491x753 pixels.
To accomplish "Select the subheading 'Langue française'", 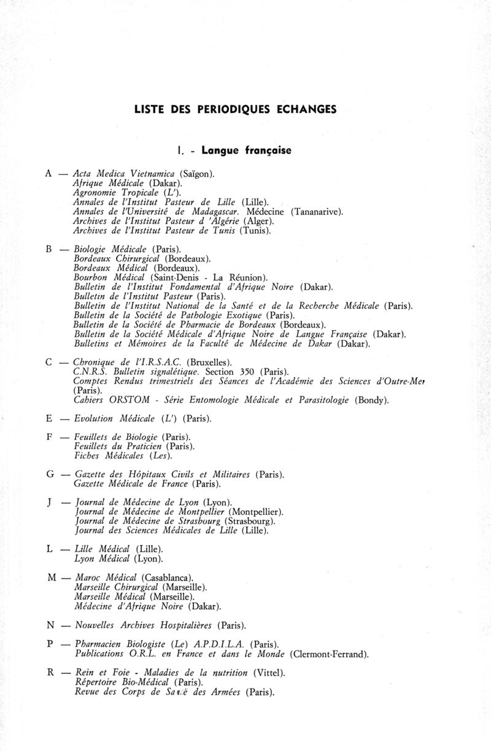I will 245,149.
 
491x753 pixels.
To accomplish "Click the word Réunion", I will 247,277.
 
